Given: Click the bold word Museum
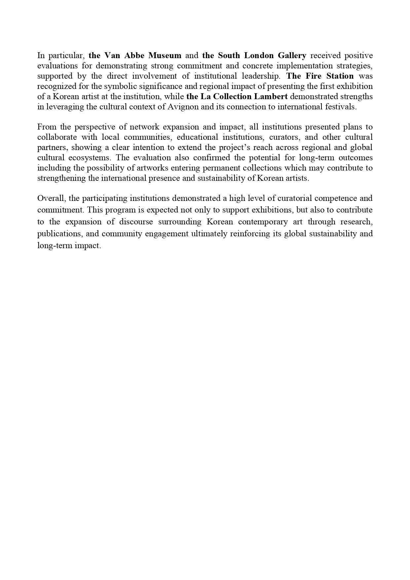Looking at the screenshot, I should point(165,55).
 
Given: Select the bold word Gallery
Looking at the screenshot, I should point(290,55).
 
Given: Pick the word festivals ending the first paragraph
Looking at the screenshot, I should point(341,107).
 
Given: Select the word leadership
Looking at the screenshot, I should point(261,76).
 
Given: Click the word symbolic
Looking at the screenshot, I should point(113,86).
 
